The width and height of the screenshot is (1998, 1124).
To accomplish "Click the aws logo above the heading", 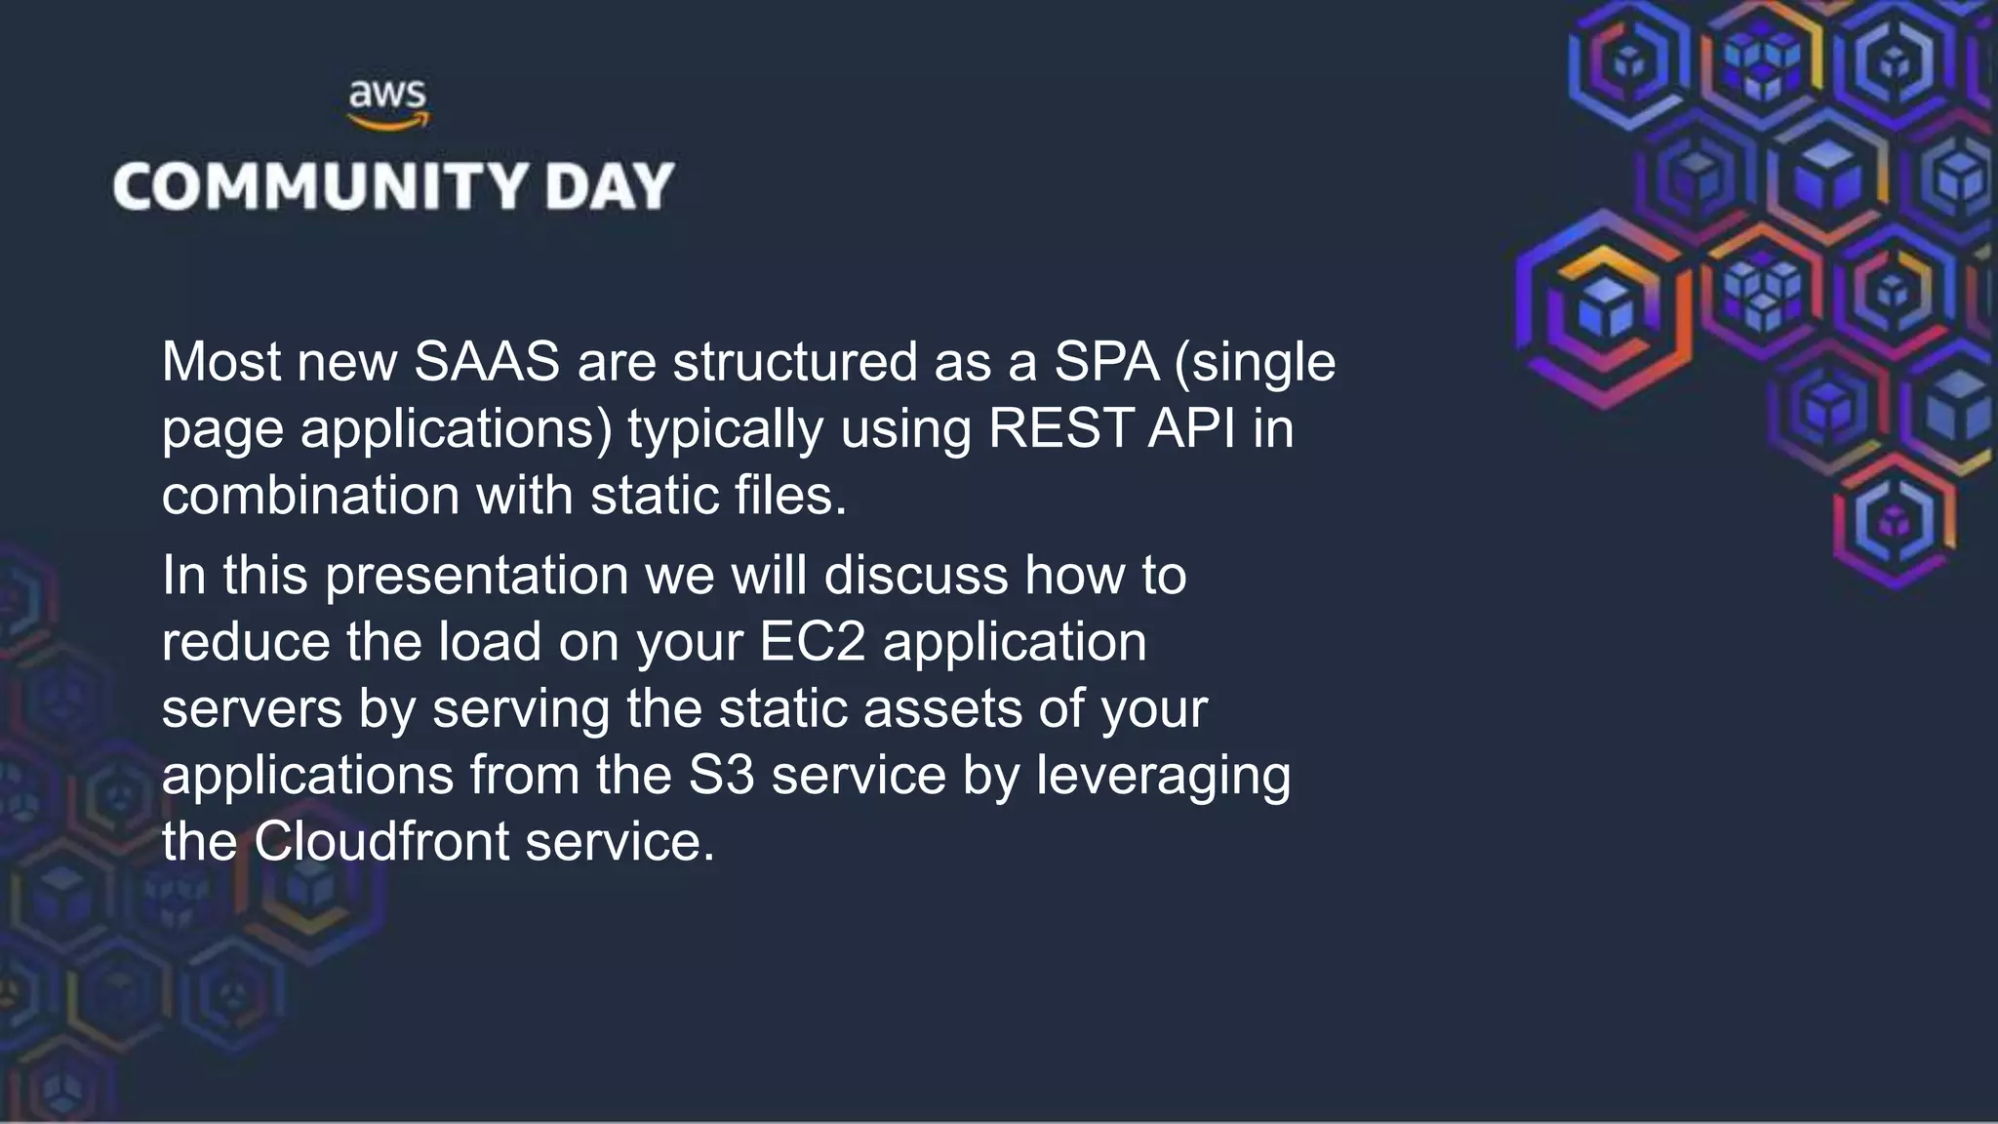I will tap(387, 104).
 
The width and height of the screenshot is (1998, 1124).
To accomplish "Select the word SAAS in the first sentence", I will tap(487, 362).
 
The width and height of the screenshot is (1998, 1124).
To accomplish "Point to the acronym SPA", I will tap(1106, 362).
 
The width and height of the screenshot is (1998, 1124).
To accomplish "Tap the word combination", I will tap(309, 496).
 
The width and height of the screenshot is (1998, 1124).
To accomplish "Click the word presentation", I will tap(476, 576).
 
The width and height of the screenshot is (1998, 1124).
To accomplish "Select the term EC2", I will tap(812, 642).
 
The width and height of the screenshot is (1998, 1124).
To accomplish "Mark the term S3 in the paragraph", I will tap(721, 776).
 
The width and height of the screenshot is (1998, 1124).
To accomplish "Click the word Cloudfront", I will tap(381, 842).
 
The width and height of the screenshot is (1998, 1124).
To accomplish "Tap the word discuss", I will tap(915, 576).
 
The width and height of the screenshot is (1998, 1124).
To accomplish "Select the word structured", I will tap(794, 362).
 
